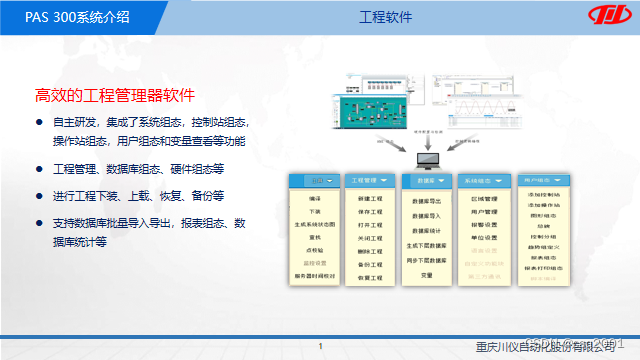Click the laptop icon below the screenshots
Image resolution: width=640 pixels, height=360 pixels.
pos(428,158)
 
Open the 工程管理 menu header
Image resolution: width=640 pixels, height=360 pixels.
pos(369,181)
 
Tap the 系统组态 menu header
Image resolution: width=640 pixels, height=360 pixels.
pos(484,181)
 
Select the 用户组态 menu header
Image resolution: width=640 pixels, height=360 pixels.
pos(545,181)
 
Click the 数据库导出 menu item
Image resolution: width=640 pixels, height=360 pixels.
pos(427,201)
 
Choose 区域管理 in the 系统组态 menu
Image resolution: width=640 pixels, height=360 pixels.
pos(484,199)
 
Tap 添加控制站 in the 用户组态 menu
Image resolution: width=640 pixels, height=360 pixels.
pos(545,195)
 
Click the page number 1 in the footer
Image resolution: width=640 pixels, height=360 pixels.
pos(320,346)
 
